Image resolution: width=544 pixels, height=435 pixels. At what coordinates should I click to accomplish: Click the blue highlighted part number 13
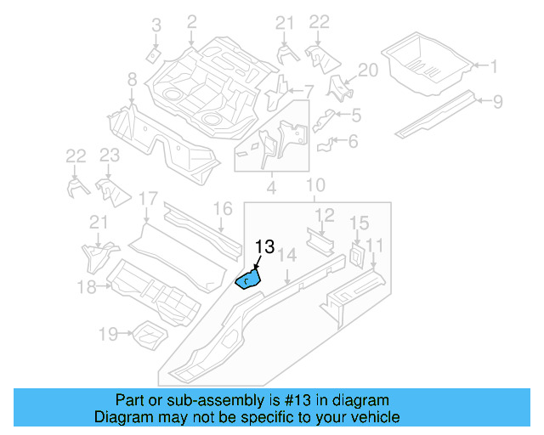247,278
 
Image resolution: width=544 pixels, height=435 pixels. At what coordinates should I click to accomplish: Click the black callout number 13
264,247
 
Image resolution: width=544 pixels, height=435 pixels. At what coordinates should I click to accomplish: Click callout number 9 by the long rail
497,103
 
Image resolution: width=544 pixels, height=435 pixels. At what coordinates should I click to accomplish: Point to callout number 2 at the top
191,21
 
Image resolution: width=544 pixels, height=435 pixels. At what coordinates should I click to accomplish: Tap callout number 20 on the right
367,71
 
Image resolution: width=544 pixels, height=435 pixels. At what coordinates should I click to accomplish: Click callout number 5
356,114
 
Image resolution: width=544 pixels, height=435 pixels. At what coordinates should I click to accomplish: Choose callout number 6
353,141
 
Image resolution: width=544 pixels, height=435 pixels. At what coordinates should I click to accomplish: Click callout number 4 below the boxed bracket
270,184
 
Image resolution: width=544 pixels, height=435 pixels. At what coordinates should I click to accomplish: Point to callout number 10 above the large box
315,185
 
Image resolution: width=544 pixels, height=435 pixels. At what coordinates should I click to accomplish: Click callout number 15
360,223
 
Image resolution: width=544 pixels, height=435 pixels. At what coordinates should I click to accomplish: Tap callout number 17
148,201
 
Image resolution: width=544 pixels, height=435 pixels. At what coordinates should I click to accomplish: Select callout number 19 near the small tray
108,334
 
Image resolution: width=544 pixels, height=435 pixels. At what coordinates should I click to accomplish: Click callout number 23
109,155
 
